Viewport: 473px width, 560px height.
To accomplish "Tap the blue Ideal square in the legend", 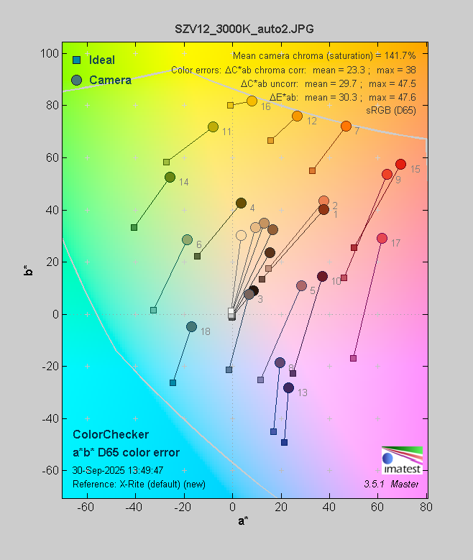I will (x=75, y=60).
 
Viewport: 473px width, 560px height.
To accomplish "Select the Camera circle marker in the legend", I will (x=75, y=80).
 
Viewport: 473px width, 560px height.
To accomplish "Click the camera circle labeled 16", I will (x=252, y=101).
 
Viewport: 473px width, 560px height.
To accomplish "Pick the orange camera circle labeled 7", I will (x=346, y=127).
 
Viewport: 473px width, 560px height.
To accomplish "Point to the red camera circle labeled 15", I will (x=400, y=165).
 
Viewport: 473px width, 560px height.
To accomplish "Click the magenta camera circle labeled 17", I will (x=382, y=239).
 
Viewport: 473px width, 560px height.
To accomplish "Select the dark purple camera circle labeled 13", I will (x=288, y=387).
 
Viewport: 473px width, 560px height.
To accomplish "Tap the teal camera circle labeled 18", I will (x=191, y=326).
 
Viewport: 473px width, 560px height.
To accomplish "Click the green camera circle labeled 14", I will (x=170, y=178).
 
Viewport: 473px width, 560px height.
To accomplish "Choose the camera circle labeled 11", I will (x=213, y=127).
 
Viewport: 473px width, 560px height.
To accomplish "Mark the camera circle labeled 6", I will (x=187, y=239).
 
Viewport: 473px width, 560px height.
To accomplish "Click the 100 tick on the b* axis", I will (x=50, y=53).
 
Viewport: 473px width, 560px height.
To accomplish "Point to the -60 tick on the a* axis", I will (x=86, y=508).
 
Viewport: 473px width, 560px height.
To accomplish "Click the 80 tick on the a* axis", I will (x=426, y=508).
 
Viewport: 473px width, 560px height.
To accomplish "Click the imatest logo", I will (x=402, y=460).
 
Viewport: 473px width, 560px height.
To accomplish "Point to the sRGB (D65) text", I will (x=390, y=109).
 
